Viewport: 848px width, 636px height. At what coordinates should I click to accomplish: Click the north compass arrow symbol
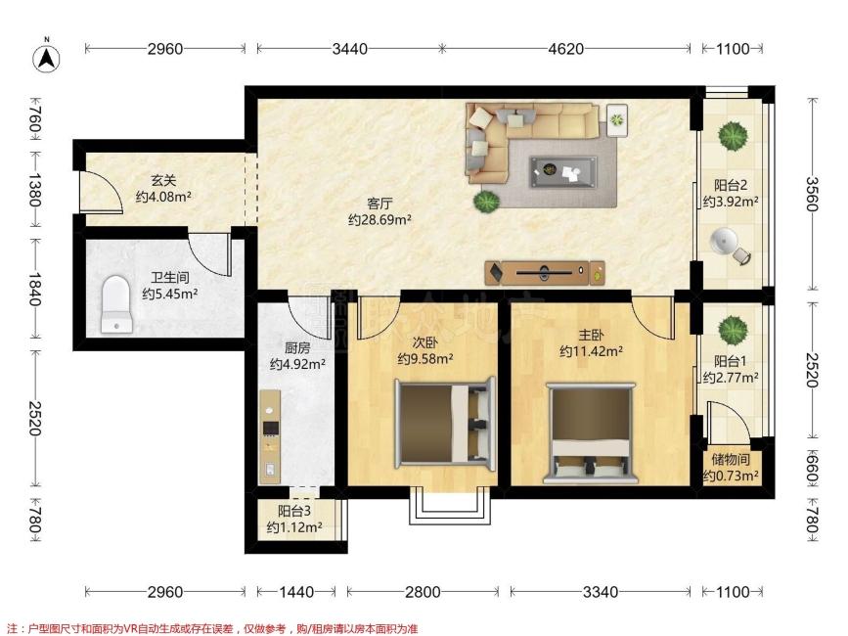47,58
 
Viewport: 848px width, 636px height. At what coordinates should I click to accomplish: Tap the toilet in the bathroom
116,303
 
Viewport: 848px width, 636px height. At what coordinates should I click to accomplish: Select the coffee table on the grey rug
563,172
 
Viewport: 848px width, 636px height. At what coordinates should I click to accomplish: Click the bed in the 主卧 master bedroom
591,432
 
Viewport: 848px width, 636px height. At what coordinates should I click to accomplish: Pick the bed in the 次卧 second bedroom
445,422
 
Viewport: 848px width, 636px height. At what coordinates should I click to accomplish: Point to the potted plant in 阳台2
733,135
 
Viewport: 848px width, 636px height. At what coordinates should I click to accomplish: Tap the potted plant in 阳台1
733,330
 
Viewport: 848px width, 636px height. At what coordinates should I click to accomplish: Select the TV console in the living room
545,273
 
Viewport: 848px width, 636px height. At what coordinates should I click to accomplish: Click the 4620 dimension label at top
565,49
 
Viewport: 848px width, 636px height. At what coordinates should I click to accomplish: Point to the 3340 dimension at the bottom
601,592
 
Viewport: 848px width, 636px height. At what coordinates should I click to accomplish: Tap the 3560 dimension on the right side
811,194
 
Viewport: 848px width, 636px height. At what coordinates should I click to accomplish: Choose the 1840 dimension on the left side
34,290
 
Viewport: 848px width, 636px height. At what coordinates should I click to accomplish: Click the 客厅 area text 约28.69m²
379,220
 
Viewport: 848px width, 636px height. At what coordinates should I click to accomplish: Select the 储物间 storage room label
731,460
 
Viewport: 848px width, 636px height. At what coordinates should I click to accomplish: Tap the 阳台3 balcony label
294,511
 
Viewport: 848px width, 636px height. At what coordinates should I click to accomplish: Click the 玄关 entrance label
163,180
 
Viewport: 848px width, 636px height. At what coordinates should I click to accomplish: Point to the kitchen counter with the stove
270,436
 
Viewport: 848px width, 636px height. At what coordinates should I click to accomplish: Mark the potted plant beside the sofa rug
485,202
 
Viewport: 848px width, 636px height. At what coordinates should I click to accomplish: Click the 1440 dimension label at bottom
296,592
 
